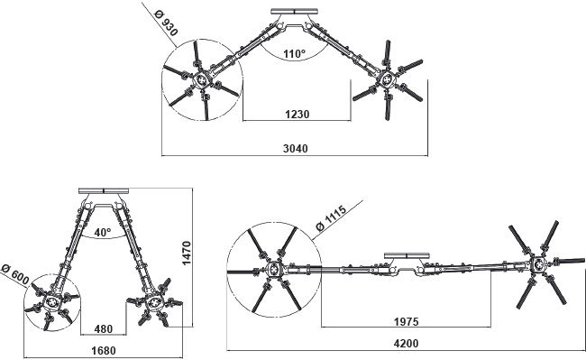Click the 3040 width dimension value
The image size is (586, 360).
pos(295,150)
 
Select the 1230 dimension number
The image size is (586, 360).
pos(297,115)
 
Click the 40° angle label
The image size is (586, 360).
pos(102,232)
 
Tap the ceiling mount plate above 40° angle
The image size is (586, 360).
pos(105,189)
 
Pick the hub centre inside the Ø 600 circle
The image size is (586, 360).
pos(54,304)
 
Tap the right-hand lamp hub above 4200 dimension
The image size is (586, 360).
pos(538,264)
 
